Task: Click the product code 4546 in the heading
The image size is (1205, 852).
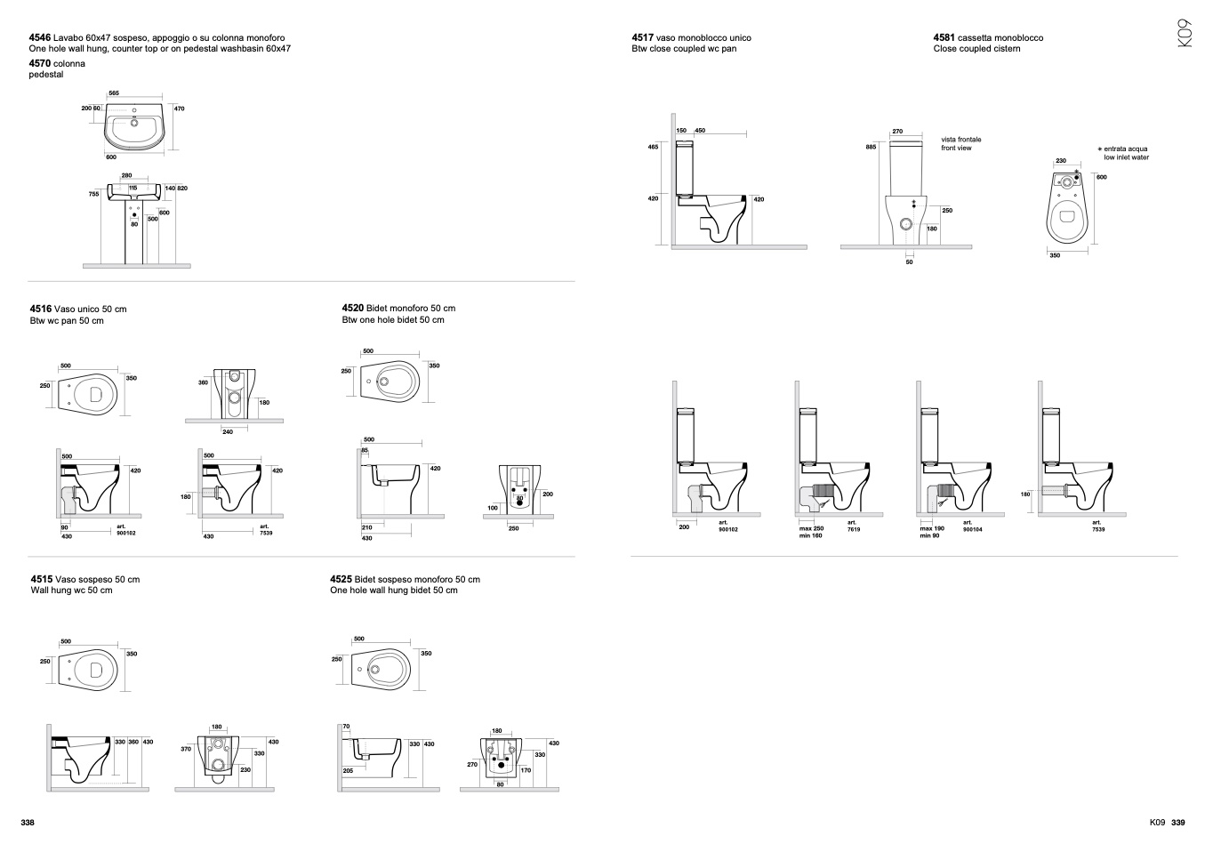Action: click(x=40, y=38)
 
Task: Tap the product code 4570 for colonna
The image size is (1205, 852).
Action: click(x=40, y=64)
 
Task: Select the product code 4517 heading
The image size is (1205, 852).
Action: click(x=642, y=38)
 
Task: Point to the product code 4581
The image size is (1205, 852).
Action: click(x=944, y=38)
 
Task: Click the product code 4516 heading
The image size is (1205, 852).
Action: click(x=41, y=309)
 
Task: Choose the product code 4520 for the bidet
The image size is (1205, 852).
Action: click(x=353, y=309)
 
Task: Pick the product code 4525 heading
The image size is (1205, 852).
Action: click(x=341, y=580)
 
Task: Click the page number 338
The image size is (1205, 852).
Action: click(x=28, y=823)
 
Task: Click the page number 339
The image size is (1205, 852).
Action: click(x=1178, y=823)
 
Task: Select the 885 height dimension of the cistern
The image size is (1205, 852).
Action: click(x=871, y=147)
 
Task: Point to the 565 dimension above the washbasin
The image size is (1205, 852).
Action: click(x=114, y=92)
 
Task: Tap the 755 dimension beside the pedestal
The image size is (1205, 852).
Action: click(x=93, y=194)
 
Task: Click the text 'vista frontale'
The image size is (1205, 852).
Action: click(x=961, y=140)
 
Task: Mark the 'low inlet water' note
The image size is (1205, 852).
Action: click(x=1126, y=157)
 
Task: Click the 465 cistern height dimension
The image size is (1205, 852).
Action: click(x=654, y=147)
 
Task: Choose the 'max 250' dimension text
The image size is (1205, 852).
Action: click(x=811, y=528)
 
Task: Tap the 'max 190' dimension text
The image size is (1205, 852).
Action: click(x=932, y=528)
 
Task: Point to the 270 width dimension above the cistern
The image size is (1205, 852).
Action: click(x=897, y=132)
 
